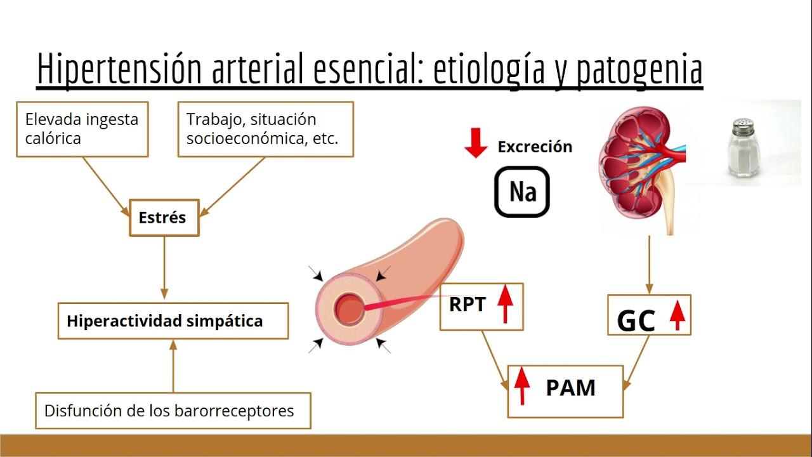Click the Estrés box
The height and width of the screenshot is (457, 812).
[164, 218]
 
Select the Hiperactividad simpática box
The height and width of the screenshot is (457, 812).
[173, 321]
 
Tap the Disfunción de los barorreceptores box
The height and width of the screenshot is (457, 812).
[173, 411]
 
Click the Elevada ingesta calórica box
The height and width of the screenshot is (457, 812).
[82, 129]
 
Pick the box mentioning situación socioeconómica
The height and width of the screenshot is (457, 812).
[265, 129]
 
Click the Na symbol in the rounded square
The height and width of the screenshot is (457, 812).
[522, 192]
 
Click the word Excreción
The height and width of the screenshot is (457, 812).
[535, 147]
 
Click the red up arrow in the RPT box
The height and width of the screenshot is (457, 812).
[505, 305]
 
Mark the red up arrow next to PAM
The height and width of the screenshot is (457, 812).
[521, 385]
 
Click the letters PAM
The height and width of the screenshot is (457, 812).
[570, 388]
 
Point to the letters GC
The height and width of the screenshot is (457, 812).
[636, 322]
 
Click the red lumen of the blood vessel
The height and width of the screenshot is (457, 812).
[350, 309]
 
